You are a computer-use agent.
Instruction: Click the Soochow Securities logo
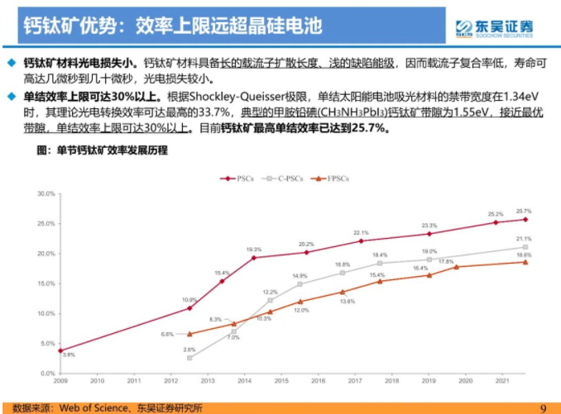(x=494, y=26)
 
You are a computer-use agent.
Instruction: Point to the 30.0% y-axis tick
(x=46, y=193)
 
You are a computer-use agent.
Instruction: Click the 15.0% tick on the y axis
(x=46, y=283)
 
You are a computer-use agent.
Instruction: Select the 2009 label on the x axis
(x=60, y=381)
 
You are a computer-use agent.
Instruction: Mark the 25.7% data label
(x=524, y=211)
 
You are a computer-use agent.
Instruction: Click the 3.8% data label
(x=69, y=355)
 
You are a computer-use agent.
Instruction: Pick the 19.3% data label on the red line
(x=254, y=250)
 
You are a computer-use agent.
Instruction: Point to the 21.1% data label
(x=524, y=239)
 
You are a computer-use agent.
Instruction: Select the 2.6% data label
(x=189, y=350)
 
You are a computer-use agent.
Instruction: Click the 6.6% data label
(x=167, y=334)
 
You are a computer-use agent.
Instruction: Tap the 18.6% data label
(x=524, y=255)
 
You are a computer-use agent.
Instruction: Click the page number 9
(x=544, y=407)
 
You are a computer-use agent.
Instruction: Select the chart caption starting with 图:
(x=102, y=150)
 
